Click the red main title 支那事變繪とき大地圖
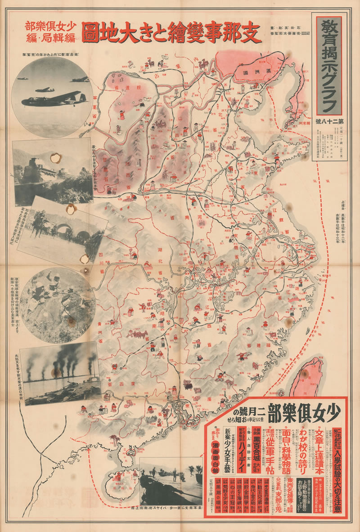pos(171,33)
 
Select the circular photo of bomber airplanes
pos(52,93)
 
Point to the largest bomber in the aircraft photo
pos(54,98)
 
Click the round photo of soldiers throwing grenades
pos(58,299)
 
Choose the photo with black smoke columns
pos(61,372)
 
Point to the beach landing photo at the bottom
pos(171,481)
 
